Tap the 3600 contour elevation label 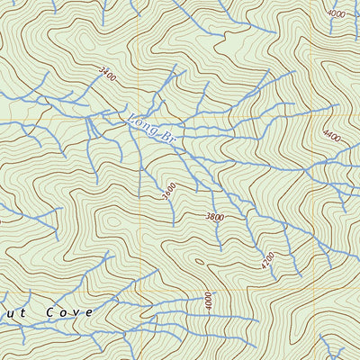pyautogui.click(x=168, y=191)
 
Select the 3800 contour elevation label pyautogui.click(x=214, y=217)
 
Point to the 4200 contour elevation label pyautogui.click(x=267, y=261)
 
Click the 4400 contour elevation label pyautogui.click(x=331, y=136)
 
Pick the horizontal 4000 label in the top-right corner pyautogui.click(x=337, y=14)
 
